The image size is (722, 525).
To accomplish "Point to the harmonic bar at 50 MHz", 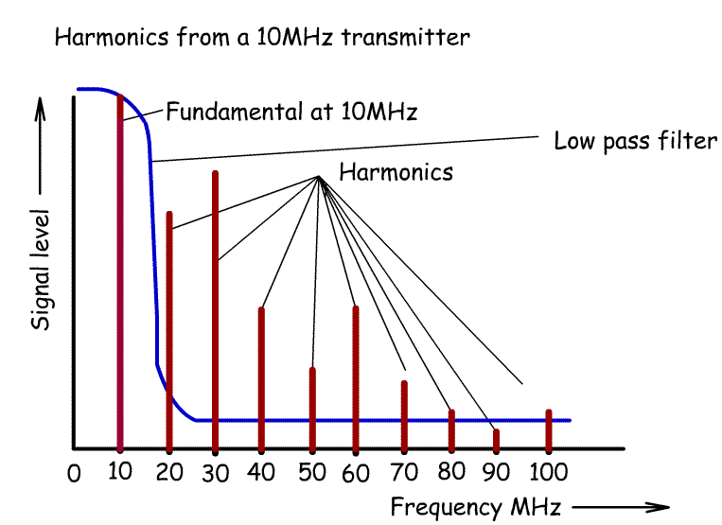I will pos(312,407).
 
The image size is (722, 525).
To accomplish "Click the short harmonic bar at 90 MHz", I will pos(496,439).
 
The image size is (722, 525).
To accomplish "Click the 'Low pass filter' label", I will pos(635,142).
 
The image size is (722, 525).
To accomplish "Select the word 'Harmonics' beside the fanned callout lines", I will pos(396,173).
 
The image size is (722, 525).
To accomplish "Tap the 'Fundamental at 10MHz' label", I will pos(291,112).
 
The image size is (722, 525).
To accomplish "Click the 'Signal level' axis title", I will pos(42,275).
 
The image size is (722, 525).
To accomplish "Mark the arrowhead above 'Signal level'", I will pos(41,108).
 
